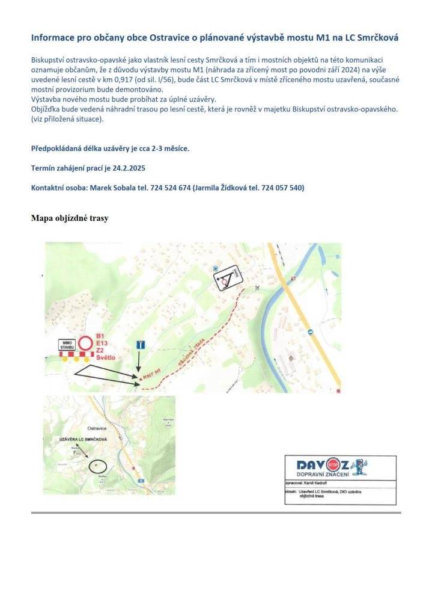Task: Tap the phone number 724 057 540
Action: [281, 188]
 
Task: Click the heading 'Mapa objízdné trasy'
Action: [70, 218]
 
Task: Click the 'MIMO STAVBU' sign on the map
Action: [66, 345]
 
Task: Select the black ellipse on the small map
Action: [97, 466]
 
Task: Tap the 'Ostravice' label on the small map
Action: [97, 428]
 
